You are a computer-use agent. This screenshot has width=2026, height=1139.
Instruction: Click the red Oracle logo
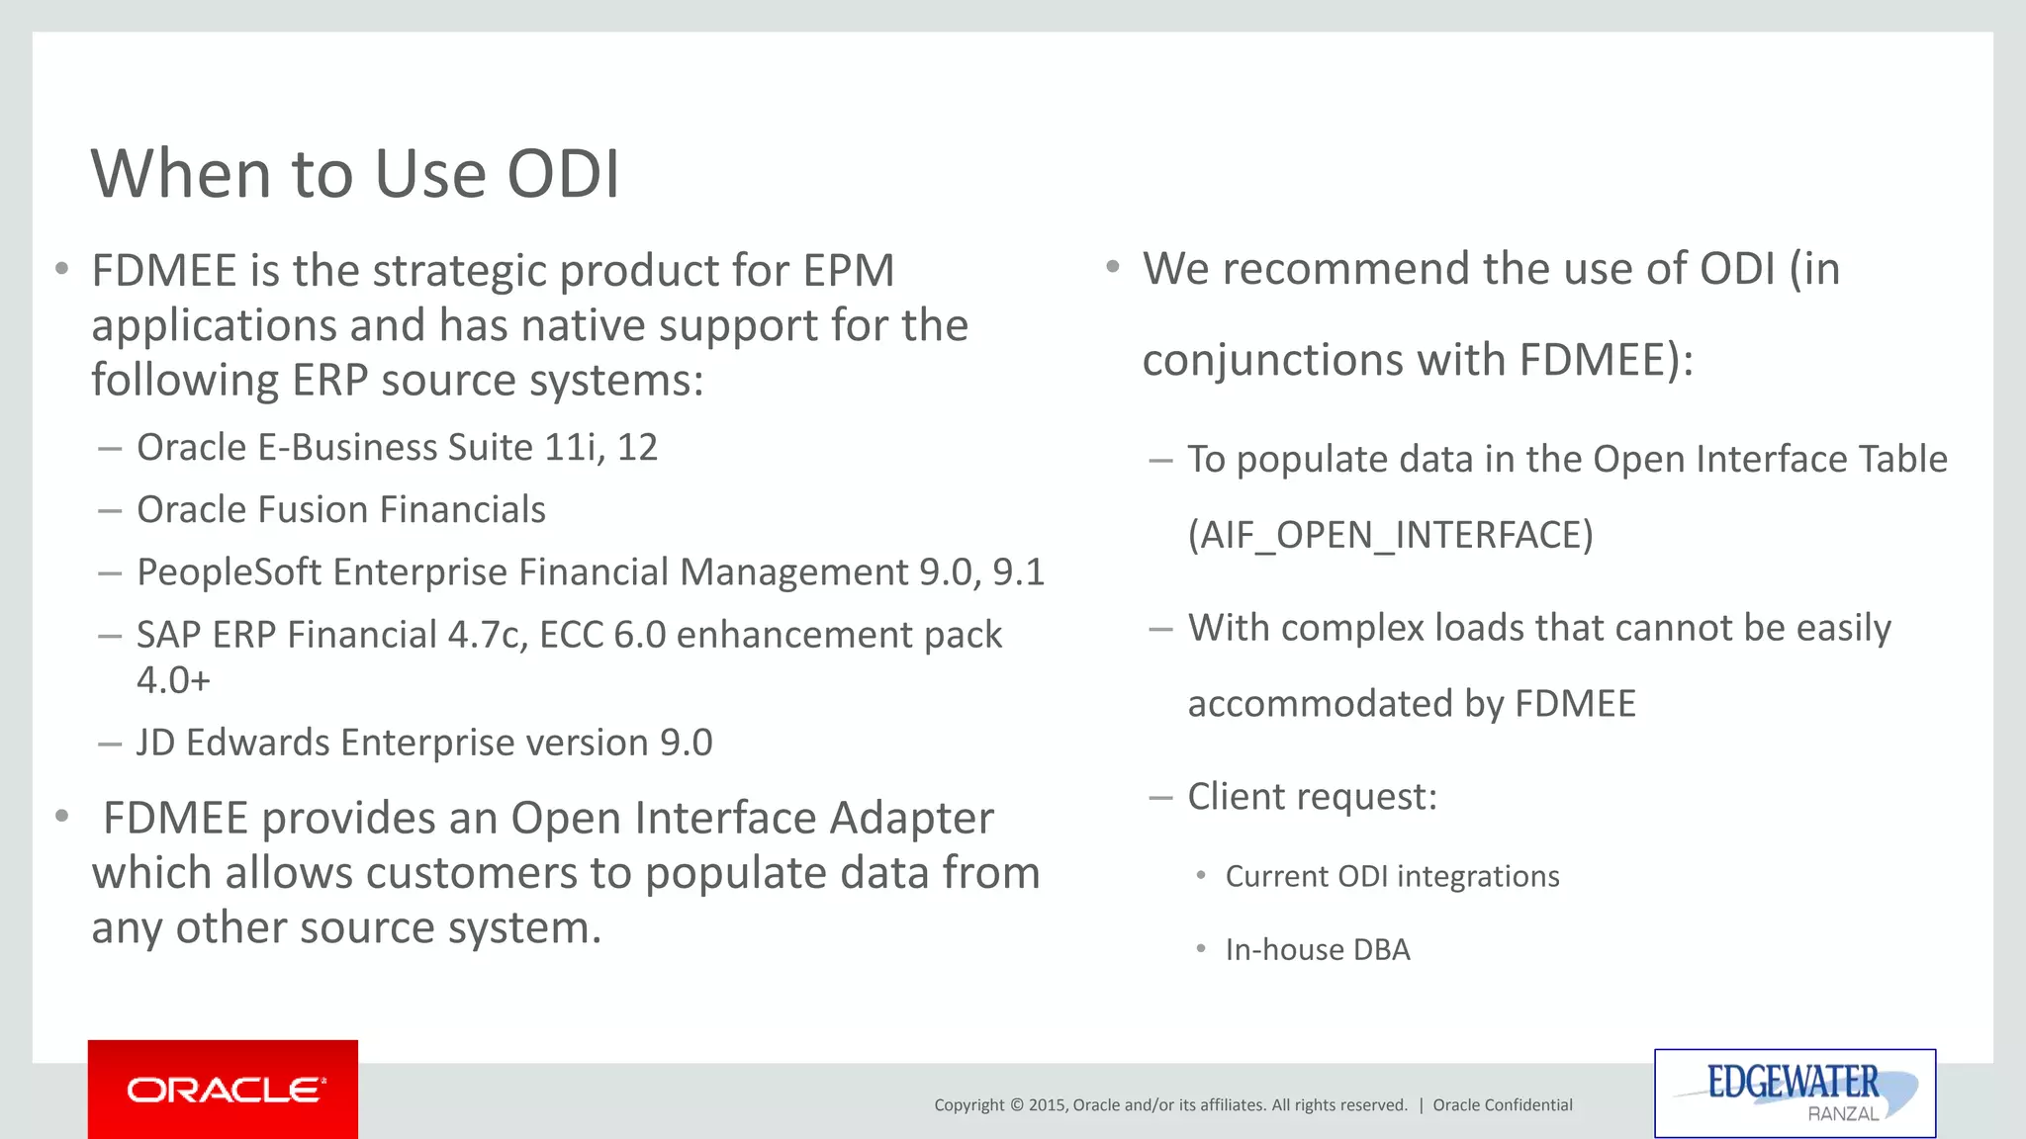click(224, 1090)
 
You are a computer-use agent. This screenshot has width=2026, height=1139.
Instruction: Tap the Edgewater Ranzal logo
click(1795, 1092)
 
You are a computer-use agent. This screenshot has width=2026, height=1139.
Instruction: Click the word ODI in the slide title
click(563, 174)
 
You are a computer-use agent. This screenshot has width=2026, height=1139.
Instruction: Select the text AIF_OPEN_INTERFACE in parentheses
click(1390, 535)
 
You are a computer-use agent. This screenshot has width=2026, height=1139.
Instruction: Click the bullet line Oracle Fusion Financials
click(340, 510)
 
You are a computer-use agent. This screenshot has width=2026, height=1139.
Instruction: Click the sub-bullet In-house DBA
click(1317, 950)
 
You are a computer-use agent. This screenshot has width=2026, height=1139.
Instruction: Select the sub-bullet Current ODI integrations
click(1391, 877)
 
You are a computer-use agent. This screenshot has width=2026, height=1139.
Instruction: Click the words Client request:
click(1312, 797)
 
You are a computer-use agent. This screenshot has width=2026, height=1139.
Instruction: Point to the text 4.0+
click(173, 681)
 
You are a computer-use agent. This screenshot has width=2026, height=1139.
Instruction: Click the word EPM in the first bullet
click(848, 271)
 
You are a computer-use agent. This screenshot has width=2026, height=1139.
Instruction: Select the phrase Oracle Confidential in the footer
click(1502, 1105)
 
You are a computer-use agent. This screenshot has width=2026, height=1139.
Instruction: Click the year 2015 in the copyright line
click(1046, 1105)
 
